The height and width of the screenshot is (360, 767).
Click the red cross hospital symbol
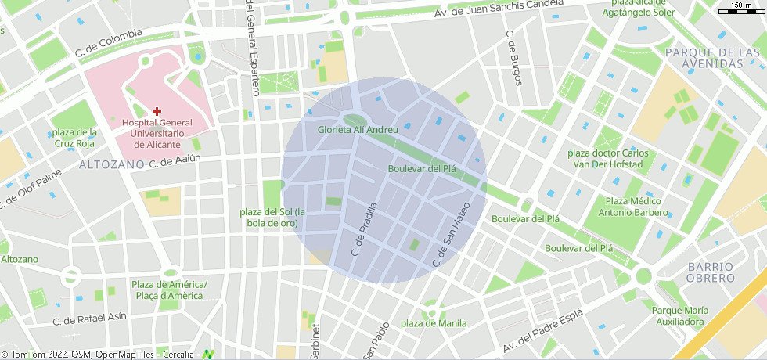(157, 112)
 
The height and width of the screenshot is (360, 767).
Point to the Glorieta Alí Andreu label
(359, 130)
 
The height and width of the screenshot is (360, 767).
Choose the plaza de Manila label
(433, 323)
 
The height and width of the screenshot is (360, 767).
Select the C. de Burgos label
(513, 58)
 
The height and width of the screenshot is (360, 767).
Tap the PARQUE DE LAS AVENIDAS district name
(712, 57)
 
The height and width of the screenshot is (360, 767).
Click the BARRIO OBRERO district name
(711, 272)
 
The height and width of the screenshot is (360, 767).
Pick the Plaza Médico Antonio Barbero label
(633, 207)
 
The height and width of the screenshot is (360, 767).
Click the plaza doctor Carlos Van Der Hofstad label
(606, 159)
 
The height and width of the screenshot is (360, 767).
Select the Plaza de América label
(169, 290)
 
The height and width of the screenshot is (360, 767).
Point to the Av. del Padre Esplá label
(542, 333)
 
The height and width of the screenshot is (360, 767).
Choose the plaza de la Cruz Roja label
(75, 138)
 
